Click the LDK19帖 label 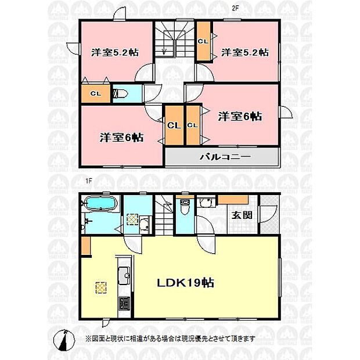[185, 283]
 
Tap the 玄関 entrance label [242, 215]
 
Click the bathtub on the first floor [100, 204]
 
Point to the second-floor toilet [120, 93]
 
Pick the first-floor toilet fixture [185, 207]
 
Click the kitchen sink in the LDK [124, 275]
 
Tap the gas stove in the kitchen [124, 304]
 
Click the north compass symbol [64, 340]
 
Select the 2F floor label [235, 8]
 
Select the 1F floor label [89, 181]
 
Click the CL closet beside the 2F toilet [96, 93]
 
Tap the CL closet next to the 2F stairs [203, 41]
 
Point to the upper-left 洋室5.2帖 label [115, 53]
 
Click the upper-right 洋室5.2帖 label [245, 53]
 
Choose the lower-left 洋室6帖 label [122, 138]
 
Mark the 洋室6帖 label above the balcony [240, 116]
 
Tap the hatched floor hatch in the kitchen [101, 287]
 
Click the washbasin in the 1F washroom [145, 225]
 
